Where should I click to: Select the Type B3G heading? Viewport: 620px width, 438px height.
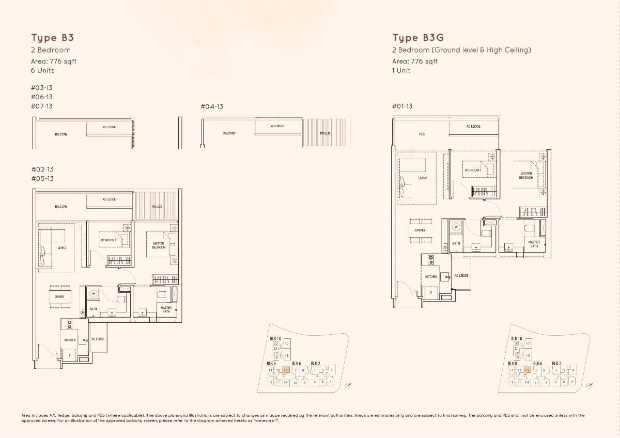[417, 38]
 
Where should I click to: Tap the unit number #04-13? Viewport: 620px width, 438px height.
[211, 106]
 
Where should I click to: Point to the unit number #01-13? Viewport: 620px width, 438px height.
[402, 106]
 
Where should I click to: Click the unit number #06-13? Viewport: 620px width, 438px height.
[42, 97]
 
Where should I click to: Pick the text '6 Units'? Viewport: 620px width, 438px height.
[42, 70]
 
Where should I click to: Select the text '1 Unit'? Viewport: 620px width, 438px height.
[401, 70]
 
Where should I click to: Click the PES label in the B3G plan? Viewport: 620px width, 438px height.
[422, 134]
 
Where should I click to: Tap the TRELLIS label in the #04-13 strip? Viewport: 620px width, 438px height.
[324, 133]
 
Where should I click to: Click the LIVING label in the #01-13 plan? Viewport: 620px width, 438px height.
[423, 178]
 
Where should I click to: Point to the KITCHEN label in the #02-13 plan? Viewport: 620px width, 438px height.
[70, 340]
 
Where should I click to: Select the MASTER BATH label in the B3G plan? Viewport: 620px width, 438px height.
[534, 244]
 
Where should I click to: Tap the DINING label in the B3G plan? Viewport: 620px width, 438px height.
[420, 230]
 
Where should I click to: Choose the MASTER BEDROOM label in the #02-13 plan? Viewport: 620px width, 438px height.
[159, 245]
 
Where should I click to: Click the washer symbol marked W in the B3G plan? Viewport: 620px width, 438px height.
[456, 227]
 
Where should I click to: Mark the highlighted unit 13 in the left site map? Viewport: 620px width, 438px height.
[286, 370]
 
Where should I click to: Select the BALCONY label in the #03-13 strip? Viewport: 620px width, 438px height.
[61, 134]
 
